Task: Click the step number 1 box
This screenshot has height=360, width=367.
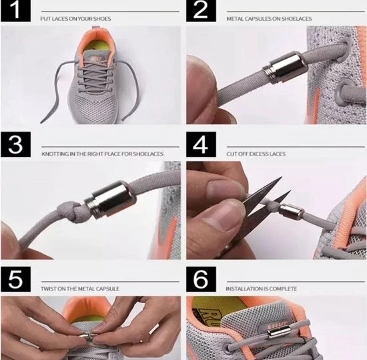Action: pos(16,11)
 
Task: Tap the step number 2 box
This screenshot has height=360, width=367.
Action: pos(201,11)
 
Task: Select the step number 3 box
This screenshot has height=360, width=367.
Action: pos(16,144)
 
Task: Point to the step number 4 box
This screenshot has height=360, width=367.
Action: pos(201,144)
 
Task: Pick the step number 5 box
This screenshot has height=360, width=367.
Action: pos(16,279)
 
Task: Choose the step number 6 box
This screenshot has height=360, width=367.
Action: pos(201,279)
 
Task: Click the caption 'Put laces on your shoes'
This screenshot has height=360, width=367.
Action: pos(75,19)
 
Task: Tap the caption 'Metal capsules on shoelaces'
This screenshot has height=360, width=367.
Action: pos(269,19)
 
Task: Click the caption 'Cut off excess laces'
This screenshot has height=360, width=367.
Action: pos(256,154)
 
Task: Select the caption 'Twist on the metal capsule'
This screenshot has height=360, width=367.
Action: pos(80,289)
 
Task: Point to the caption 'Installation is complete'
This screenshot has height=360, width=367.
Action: pos(261,289)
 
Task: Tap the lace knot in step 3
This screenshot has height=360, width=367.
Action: pos(70,210)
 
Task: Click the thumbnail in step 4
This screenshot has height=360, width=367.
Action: pos(224,189)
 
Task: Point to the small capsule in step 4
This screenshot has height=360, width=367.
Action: pos(292,212)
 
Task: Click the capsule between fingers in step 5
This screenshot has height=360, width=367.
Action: pos(85,336)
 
